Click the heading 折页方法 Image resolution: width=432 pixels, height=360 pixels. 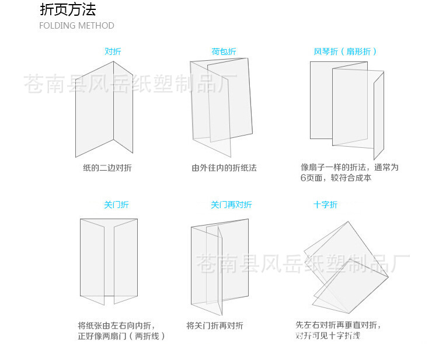pos(68,10)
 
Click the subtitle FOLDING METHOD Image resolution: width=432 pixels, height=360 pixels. pos(76,26)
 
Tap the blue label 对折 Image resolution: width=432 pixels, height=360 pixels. pos(113,51)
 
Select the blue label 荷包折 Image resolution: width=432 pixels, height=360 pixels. pos(224,51)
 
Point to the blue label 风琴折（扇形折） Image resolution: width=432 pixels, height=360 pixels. pos(345,51)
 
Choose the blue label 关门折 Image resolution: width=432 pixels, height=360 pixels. pos(116,205)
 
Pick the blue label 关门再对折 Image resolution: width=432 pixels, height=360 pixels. pos(231,205)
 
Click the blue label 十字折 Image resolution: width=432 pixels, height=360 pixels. pos(325,205)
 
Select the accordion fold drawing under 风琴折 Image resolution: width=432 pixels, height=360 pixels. pos(346,105)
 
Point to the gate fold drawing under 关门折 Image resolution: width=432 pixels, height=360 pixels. pos(109,260)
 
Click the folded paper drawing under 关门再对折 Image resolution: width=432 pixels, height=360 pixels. pos(220,263)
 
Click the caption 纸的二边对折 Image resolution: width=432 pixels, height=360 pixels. pos(107,168)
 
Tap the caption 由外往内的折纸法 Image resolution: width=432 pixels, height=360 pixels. pos(224,168)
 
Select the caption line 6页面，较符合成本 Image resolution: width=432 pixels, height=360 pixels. pos(336,178)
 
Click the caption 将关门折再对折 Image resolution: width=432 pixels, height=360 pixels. pos(215,326)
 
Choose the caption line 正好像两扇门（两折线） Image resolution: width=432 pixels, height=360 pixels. pos(121,336)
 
